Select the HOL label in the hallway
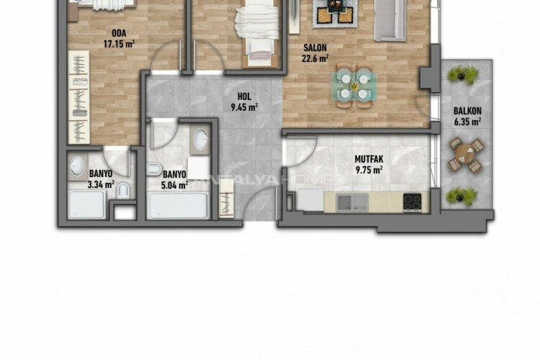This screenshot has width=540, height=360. tap(245, 99)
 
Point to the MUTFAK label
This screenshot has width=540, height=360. tap(368, 160)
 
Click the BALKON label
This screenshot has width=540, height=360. tap(467, 112)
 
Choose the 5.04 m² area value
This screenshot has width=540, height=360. tap(175, 184)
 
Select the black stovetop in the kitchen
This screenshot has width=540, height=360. tap(413, 203)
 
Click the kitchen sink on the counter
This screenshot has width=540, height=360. tap(351, 203)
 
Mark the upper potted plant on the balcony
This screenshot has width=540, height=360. tap(463, 73)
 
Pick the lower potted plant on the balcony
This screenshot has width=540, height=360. tap(463, 194)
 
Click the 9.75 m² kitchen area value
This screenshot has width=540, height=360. tap(368, 171)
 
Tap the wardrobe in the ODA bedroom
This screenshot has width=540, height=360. tap(78, 98)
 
